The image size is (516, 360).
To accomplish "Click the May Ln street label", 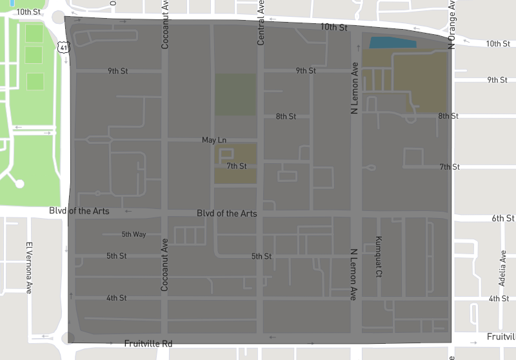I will [214, 140].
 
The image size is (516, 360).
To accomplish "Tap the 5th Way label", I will [134, 234].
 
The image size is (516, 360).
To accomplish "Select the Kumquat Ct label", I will [379, 256].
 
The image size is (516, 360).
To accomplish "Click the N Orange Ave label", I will [452, 25].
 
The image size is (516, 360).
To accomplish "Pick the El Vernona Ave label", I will [29, 267].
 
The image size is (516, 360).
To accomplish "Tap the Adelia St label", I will [502, 268].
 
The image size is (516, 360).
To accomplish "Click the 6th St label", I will [502, 219].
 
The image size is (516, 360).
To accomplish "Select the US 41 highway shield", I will [62, 46].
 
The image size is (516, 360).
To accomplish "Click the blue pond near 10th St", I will [392, 43].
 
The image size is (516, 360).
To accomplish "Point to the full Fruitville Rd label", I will [148, 344].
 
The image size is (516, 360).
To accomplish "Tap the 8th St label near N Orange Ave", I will [448, 116].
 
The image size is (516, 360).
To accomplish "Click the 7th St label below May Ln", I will [237, 166].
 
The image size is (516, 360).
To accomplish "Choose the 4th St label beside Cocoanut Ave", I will [117, 298].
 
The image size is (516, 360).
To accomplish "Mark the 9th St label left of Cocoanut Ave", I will [118, 71].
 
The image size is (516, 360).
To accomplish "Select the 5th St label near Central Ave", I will [261, 256].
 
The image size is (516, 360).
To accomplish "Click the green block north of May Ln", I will [235, 94].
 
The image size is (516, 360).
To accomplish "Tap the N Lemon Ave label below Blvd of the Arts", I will [353, 274].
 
